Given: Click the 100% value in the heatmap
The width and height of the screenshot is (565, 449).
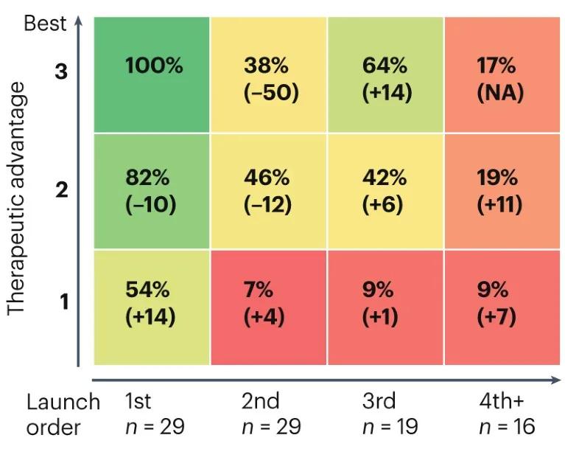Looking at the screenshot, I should click(x=153, y=66).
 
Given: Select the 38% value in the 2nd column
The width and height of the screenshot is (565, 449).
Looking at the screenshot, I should click(x=266, y=66).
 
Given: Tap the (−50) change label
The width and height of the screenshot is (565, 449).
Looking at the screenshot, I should click(x=271, y=94).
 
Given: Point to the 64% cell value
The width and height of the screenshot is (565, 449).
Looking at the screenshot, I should click(x=385, y=66).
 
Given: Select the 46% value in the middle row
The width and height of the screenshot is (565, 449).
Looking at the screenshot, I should click(x=266, y=178).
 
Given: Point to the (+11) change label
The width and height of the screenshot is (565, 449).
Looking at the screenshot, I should click(x=499, y=204).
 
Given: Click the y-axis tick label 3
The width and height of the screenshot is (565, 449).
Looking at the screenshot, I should click(x=61, y=72).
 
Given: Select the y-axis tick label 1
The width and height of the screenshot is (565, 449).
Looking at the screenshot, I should click(x=62, y=302).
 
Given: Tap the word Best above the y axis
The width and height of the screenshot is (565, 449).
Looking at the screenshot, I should click(x=45, y=23).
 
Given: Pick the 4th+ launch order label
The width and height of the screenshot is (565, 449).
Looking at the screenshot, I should click(x=505, y=402).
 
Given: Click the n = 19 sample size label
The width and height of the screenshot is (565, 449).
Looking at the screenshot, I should click(x=390, y=427).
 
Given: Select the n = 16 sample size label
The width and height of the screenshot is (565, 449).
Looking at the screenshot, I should click(x=507, y=427).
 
